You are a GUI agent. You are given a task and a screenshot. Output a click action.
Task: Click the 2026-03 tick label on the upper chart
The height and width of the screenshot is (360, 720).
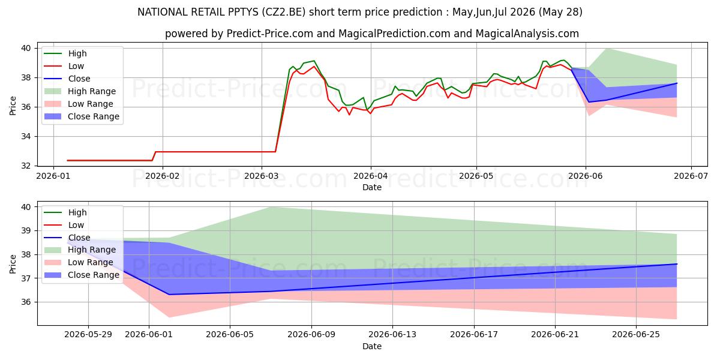pyautogui.click(x=262, y=176)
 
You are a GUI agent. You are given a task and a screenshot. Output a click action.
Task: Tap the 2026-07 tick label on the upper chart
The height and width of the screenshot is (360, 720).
pyautogui.click(x=691, y=176)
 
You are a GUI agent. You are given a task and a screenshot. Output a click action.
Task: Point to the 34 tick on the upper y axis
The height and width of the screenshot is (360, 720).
pyautogui.click(x=26, y=137)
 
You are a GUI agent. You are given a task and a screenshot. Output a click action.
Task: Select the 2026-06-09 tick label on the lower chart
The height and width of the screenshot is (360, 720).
pyautogui.click(x=311, y=335)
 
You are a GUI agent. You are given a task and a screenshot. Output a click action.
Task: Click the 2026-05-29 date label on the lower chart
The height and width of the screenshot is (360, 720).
pyautogui.click(x=88, y=335)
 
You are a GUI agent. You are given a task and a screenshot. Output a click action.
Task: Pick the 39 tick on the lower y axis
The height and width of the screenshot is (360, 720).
pyautogui.click(x=26, y=231)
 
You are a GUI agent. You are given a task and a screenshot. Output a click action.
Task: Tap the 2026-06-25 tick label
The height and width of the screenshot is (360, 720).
pyautogui.click(x=636, y=335)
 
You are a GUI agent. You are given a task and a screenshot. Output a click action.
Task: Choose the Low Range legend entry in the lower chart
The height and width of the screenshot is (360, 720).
pyautogui.click(x=79, y=262)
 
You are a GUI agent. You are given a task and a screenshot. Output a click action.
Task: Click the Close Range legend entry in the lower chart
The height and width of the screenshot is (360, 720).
pyautogui.click(x=82, y=275)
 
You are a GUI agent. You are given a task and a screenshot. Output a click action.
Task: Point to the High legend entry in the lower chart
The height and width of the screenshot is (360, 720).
pyautogui.click(x=65, y=212)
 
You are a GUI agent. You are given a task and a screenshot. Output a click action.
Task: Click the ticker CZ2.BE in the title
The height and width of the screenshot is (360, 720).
pyautogui.click(x=283, y=12)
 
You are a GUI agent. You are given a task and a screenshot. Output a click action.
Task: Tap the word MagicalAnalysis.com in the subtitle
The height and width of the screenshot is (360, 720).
pyautogui.click(x=527, y=34)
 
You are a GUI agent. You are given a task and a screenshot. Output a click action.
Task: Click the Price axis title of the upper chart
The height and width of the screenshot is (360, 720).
pyautogui.click(x=13, y=106)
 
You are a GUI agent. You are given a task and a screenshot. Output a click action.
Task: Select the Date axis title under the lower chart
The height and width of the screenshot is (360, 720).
pyautogui.click(x=372, y=347)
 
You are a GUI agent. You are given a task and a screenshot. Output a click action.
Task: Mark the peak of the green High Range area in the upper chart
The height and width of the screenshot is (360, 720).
pyautogui.click(x=607, y=49)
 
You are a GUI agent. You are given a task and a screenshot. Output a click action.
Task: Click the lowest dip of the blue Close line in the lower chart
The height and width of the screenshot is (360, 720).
pyautogui.click(x=169, y=295)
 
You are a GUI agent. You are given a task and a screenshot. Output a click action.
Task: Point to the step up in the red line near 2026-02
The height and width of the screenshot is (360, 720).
pyautogui.click(x=154, y=156)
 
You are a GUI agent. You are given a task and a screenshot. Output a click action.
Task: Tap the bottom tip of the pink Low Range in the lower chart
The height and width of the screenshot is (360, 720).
pyautogui.click(x=169, y=317)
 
